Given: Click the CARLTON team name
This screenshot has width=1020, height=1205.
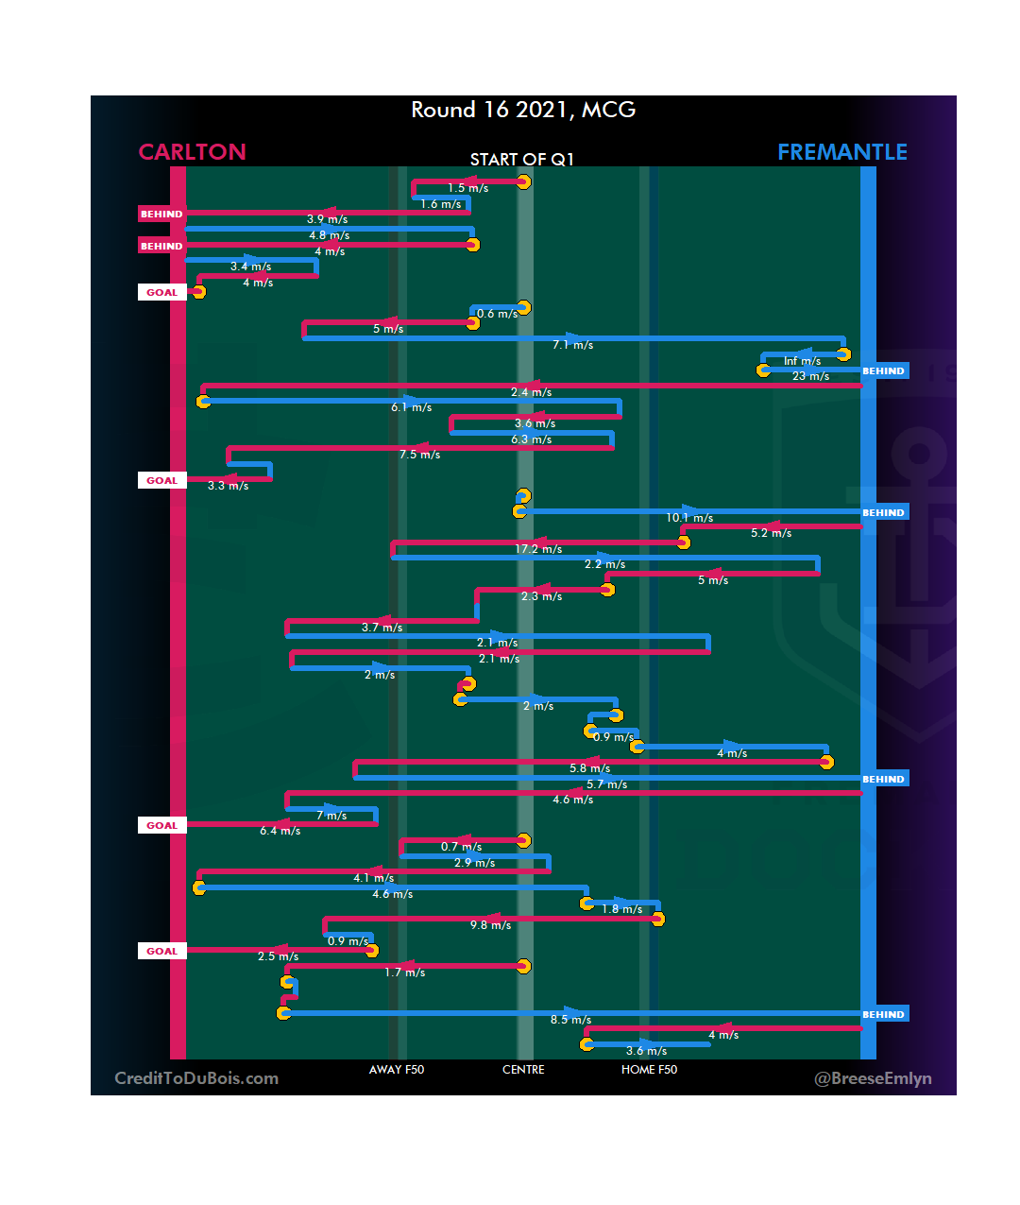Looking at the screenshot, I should click(x=192, y=152).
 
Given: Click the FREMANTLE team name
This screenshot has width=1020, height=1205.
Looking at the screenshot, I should click(x=841, y=152).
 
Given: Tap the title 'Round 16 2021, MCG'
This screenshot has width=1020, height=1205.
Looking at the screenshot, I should click(x=523, y=110).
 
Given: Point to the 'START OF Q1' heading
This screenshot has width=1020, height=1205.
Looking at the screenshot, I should click(x=522, y=160).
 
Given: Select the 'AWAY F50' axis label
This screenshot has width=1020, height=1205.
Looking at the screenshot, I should click(x=397, y=1070).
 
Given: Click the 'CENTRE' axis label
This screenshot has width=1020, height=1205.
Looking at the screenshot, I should click(x=523, y=1070).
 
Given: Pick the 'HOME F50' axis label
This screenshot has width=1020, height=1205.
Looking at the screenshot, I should click(x=649, y=1070).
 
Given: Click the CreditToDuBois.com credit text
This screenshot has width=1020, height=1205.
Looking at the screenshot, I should click(x=196, y=1078).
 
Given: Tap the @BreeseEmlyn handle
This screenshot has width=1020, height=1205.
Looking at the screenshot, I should click(x=873, y=1078).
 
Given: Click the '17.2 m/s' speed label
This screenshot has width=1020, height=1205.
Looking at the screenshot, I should click(x=538, y=549).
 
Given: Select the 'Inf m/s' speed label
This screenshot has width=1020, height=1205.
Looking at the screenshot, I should click(x=802, y=361).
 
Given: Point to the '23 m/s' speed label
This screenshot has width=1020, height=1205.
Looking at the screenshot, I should click(x=810, y=376).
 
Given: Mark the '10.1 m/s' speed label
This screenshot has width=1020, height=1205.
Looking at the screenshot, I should click(x=689, y=518).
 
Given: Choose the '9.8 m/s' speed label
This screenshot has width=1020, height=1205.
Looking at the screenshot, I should click(x=490, y=925).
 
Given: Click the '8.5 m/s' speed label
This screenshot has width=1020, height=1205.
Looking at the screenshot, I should click(x=570, y=1020).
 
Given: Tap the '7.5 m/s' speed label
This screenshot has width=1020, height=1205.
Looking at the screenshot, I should click(x=419, y=455).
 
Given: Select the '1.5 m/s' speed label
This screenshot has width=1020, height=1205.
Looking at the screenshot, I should click(x=467, y=188).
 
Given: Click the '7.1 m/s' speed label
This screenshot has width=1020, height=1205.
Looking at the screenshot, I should click(x=572, y=345).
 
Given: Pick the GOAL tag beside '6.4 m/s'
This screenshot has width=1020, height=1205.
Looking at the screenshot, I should click(x=161, y=825).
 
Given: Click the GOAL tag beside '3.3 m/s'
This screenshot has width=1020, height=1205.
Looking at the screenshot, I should click(x=161, y=480).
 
